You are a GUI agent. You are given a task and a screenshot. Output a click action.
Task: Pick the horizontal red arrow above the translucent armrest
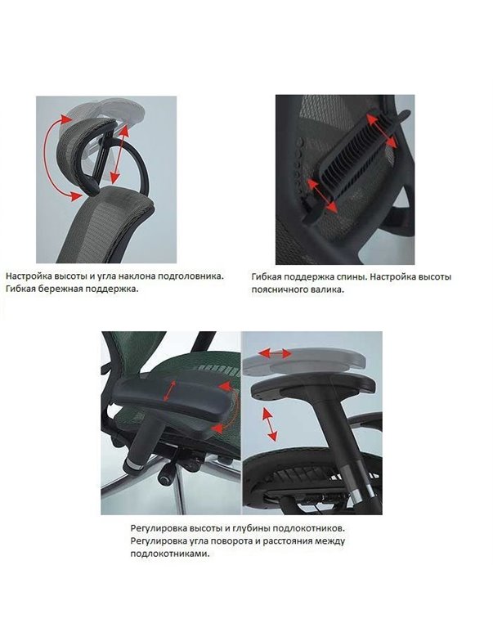coord(275,352)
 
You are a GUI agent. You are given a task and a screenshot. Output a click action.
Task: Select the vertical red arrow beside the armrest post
coord(267,424)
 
